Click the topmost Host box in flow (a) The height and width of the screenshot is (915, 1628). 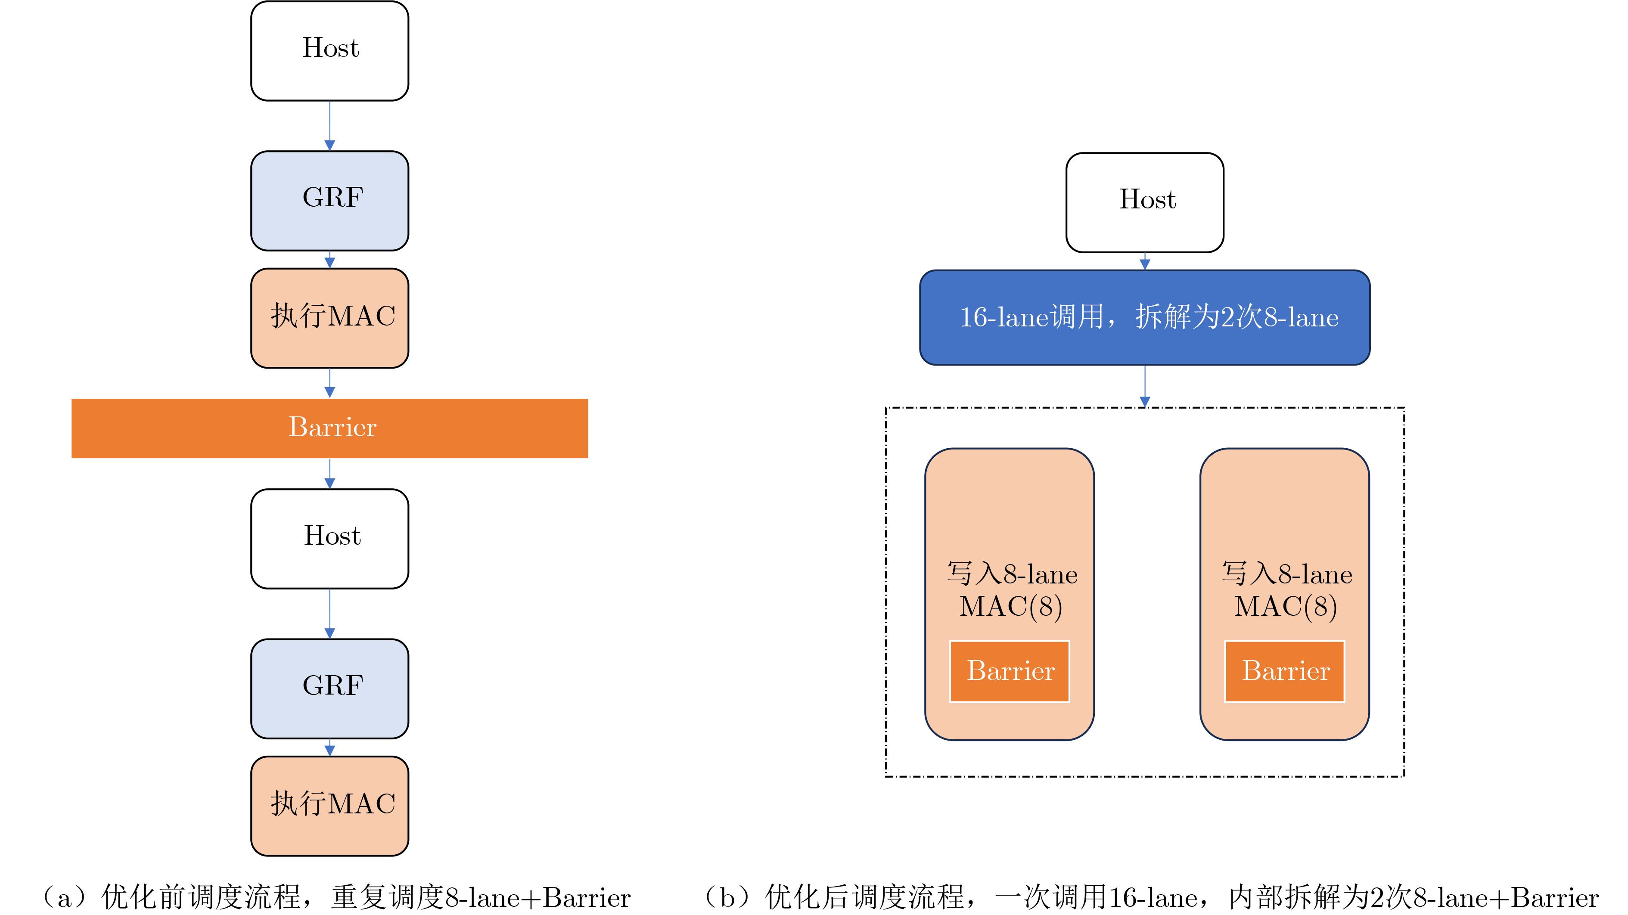329,50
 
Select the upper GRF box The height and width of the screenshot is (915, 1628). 329,200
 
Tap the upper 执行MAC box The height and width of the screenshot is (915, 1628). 329,318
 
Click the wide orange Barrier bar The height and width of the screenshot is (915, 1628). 329,428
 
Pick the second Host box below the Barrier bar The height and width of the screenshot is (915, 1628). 329,538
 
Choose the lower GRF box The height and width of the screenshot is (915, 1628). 329,688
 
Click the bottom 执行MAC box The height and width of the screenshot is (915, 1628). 329,806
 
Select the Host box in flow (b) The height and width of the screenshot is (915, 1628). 1144,202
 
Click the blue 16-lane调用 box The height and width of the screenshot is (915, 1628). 1144,317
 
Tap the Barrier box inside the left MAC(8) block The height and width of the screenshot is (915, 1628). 1009,671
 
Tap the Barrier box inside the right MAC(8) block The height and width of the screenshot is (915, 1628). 1284,671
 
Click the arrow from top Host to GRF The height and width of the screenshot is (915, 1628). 329,126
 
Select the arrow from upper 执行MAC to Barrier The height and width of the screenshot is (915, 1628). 329,383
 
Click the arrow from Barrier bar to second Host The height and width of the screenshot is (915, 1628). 329,473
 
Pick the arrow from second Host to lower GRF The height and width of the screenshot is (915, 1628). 329,614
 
